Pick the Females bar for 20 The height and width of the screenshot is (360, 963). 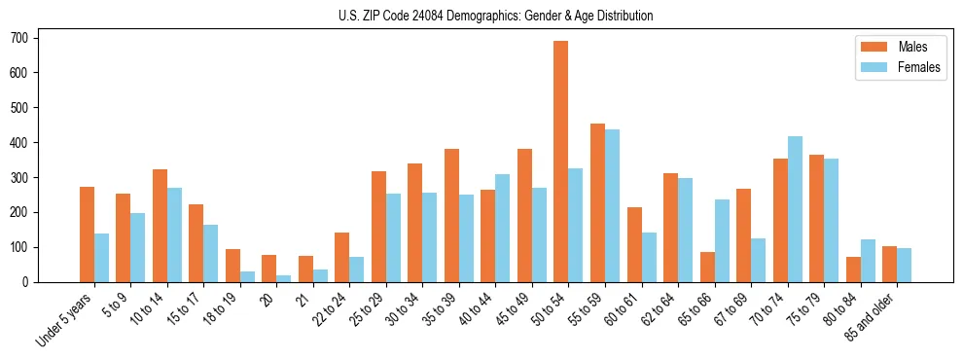pos(284,278)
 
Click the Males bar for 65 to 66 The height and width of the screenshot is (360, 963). pos(707,267)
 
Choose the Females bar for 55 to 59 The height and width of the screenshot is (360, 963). pos(612,205)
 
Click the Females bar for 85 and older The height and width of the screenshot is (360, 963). pos(904,265)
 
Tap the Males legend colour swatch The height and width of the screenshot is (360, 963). pos(871,47)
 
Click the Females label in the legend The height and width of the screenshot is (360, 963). pos(919,68)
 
